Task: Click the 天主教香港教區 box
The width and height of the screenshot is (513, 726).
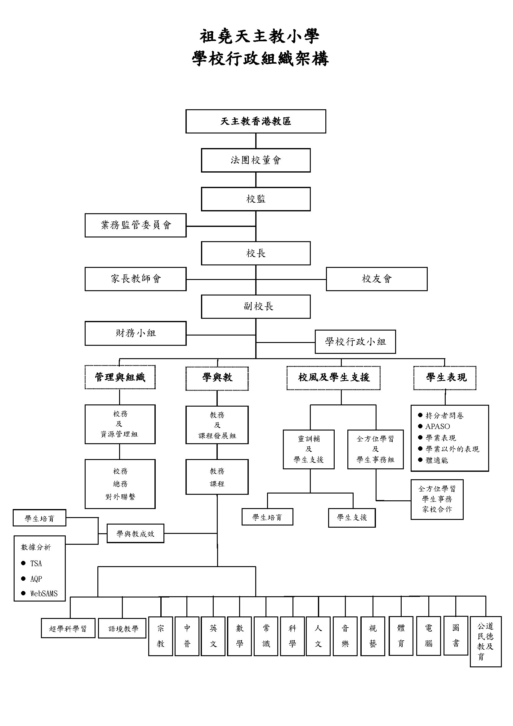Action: coord(256,121)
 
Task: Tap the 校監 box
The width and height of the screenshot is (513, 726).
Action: coord(256,199)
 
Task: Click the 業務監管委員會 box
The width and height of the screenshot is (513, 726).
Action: coord(136,225)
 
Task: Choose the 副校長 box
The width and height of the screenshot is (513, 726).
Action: coord(256,306)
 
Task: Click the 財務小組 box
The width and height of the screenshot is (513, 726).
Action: coord(136,333)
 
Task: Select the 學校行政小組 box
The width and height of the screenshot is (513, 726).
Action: coord(355,341)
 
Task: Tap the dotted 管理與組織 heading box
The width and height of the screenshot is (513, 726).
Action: coord(120,377)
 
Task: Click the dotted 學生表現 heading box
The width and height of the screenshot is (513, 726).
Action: coord(445,377)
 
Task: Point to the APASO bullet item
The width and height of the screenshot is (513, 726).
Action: coord(438,426)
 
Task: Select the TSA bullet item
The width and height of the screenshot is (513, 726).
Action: coord(36,563)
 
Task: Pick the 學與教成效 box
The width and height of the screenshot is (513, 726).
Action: coord(135,534)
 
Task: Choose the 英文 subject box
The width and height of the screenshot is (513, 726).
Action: coord(213,636)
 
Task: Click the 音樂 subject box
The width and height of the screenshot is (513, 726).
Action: coord(345,636)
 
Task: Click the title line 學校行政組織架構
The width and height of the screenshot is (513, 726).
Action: coord(260,59)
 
